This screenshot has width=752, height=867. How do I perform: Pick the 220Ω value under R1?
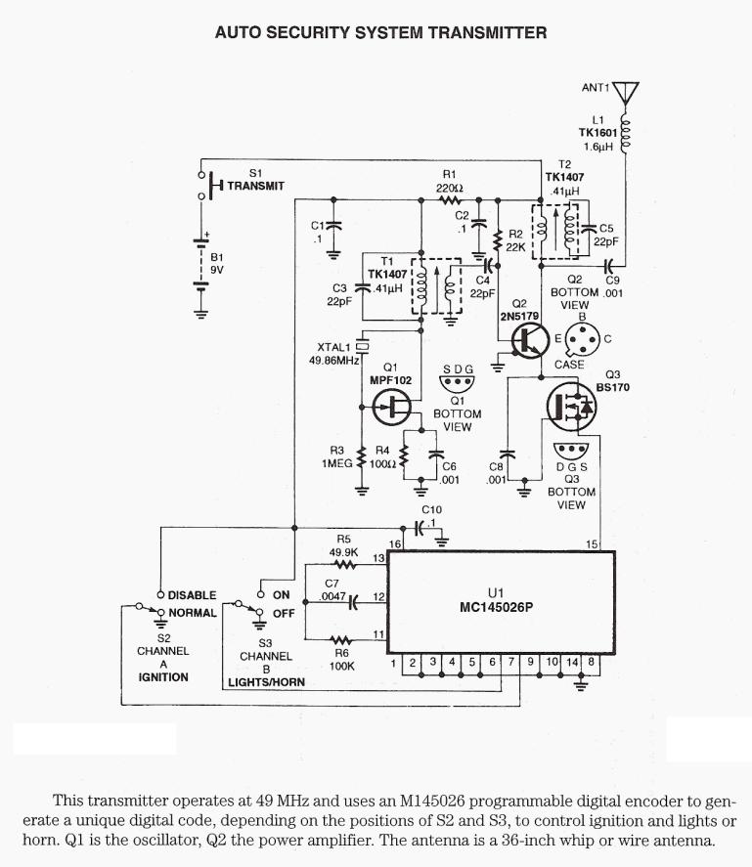[x=449, y=188]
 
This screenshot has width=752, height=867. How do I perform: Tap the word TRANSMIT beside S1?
[x=255, y=185]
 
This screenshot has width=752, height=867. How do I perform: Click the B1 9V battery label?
[x=217, y=265]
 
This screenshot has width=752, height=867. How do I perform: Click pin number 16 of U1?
[x=395, y=543]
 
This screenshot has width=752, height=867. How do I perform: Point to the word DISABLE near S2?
[x=192, y=595]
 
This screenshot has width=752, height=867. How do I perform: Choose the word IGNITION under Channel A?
[x=162, y=676]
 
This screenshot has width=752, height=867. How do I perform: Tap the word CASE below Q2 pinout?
[x=569, y=365]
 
